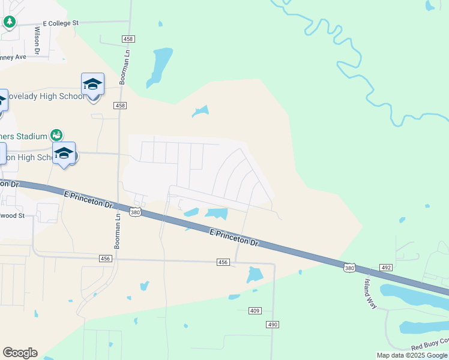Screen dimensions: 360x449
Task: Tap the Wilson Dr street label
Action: pos(37,41)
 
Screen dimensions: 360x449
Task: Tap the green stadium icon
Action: pos(56,135)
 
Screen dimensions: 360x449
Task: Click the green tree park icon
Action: pos(9,22)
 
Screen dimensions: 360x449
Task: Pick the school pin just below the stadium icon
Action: pos(64,154)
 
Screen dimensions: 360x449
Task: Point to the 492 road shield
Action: pos(386,268)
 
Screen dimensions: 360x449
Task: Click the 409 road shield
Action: pos(255,311)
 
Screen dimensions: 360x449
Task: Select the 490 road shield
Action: pos(273,324)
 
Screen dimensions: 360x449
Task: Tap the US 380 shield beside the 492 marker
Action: pos(349,268)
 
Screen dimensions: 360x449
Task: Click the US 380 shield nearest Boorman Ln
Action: pos(136,212)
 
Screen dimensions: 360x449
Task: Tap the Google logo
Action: pos(20,353)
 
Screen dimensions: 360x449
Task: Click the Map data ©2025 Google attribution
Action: pos(412,355)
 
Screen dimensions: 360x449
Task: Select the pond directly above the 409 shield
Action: pos(255,275)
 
